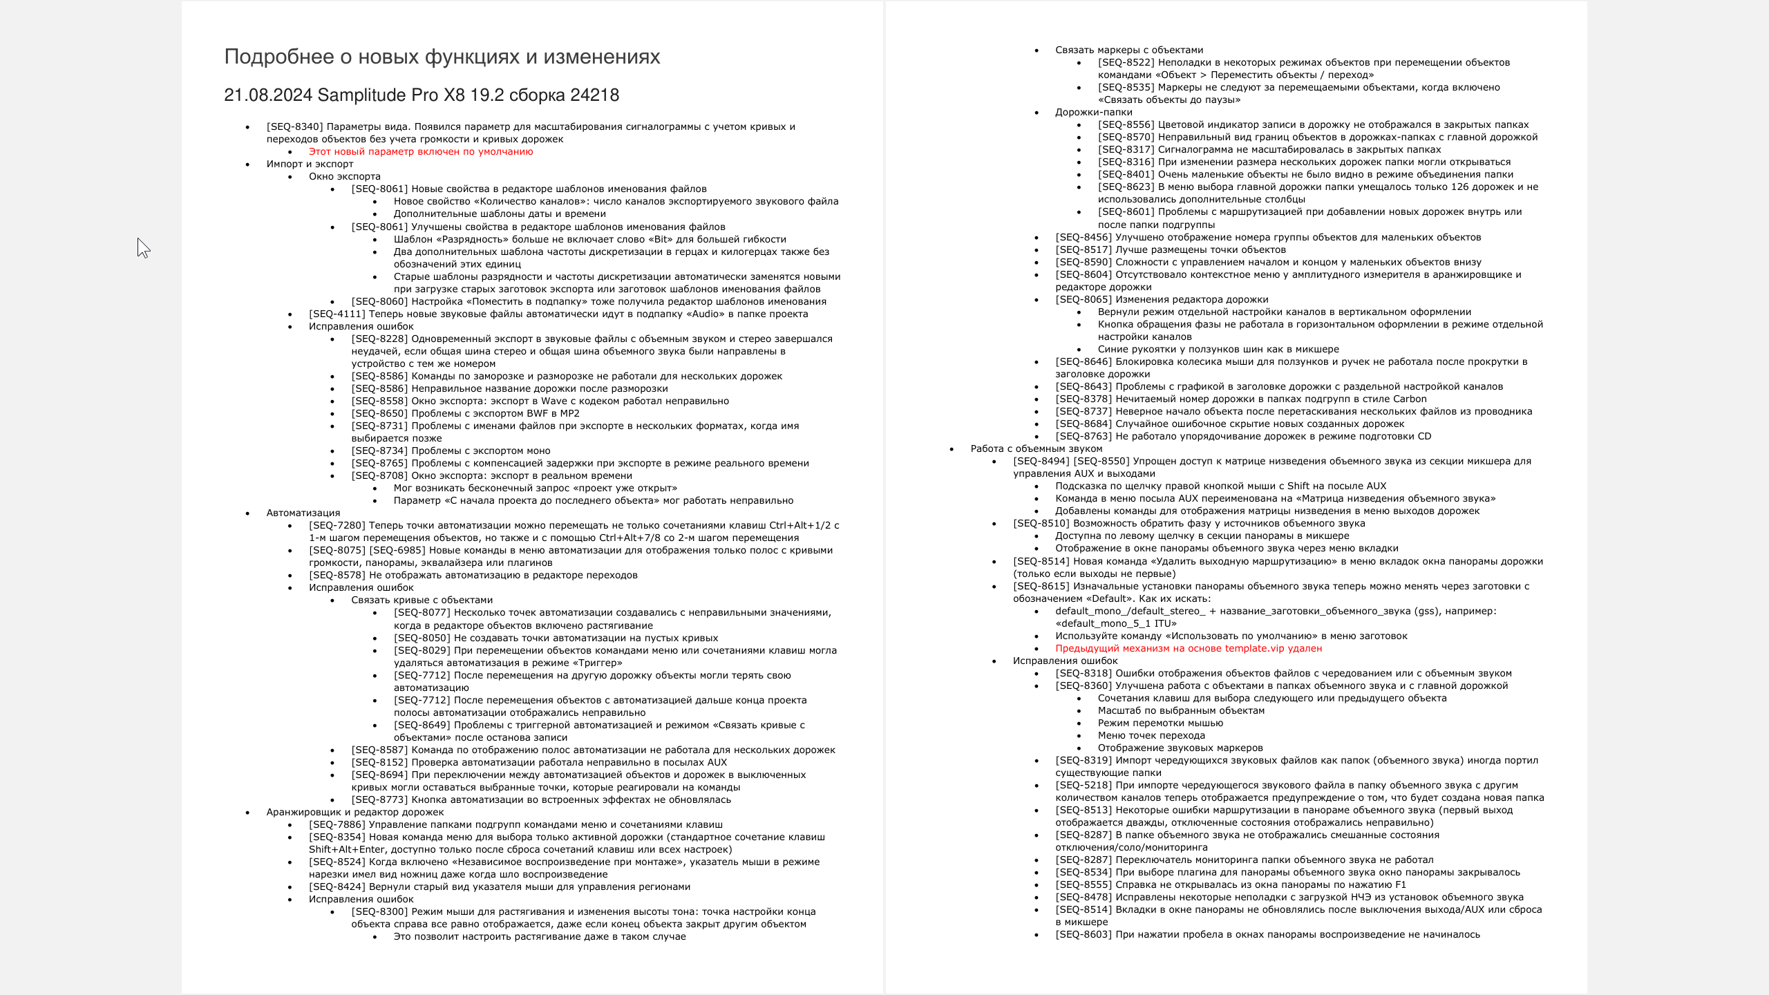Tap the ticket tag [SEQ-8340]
[294, 127]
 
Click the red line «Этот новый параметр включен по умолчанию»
[421, 152]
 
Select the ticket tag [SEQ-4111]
[337, 314]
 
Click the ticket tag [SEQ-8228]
[379, 339]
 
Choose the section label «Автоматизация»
[303, 513]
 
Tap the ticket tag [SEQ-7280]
[337, 526]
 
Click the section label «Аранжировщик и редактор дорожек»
[355, 813]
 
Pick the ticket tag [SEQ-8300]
[379, 912]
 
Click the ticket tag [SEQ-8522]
[1126, 63]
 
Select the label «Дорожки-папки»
[1093, 113]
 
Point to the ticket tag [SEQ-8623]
[1126, 187]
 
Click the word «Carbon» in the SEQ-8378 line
[1410, 399]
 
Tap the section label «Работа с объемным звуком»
[1037, 449]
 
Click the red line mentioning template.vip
[1189, 649]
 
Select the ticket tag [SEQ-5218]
[1084, 786]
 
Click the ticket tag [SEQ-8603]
[1084, 935]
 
